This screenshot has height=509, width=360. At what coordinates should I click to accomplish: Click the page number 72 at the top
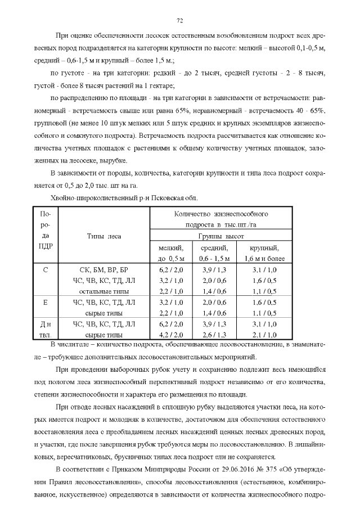click(x=180, y=21)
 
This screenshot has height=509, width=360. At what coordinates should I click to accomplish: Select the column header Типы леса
click(x=104, y=236)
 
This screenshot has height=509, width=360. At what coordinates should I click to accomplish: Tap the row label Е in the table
click(x=46, y=302)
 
